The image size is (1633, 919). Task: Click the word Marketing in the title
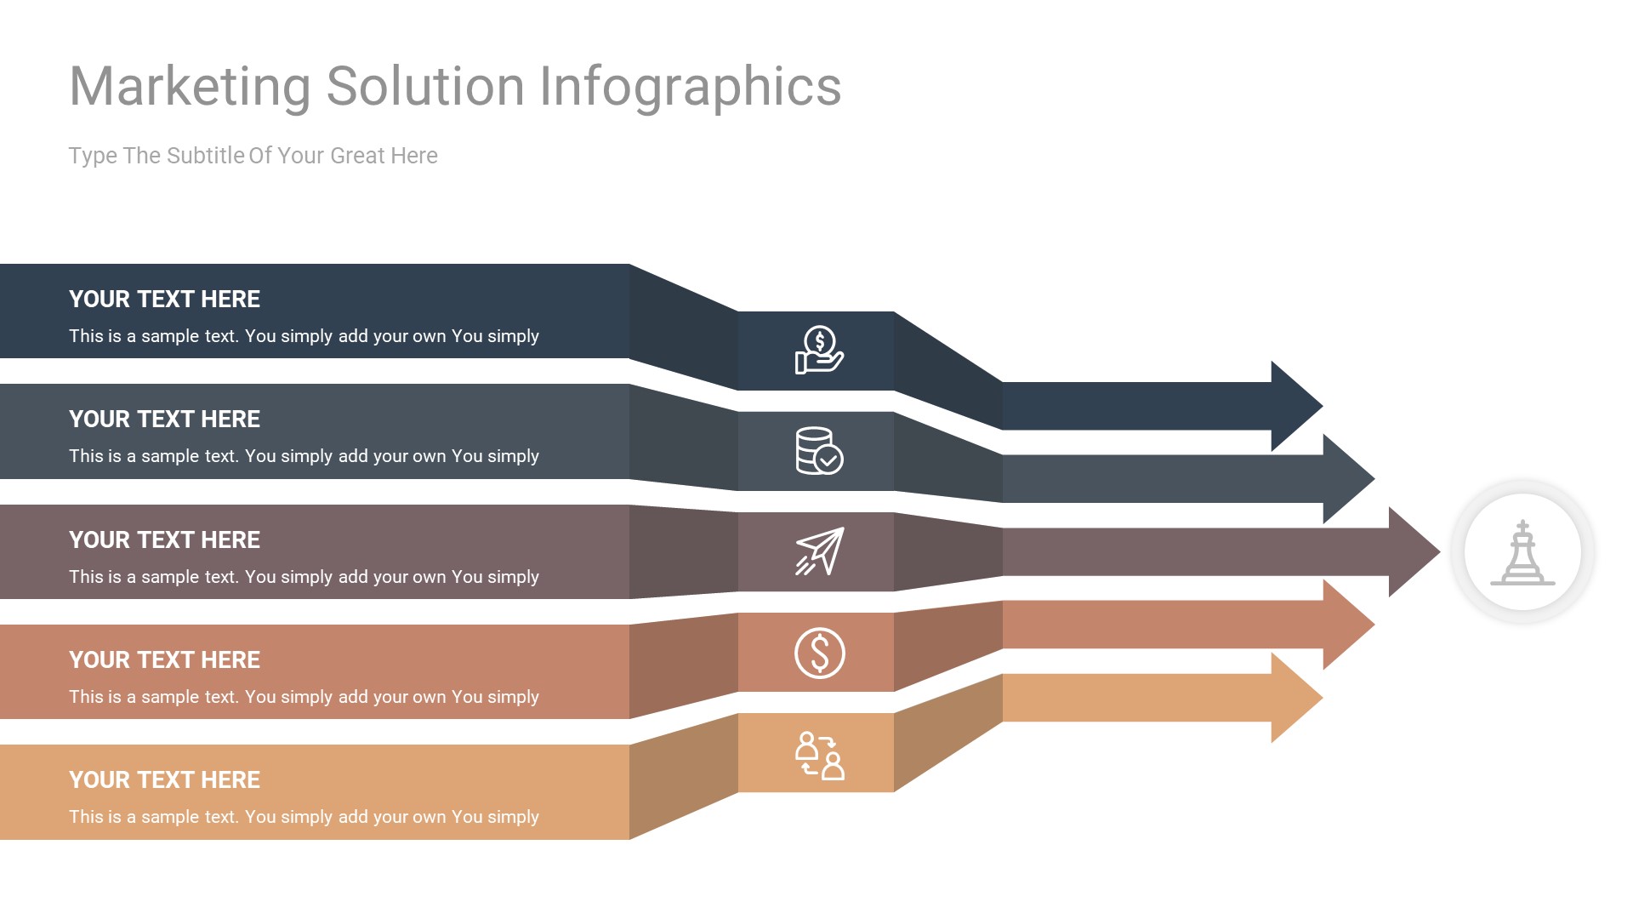[x=190, y=87]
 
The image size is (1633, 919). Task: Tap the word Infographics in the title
[x=690, y=87]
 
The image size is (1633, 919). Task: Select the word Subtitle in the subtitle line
[x=206, y=156]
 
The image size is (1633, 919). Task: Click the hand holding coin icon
[x=818, y=351]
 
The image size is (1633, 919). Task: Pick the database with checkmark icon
[x=818, y=450]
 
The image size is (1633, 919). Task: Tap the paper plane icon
[x=819, y=551]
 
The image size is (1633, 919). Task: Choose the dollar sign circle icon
[x=819, y=653]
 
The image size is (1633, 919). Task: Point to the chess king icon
[x=1522, y=552]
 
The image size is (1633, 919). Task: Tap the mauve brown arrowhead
[x=1414, y=551]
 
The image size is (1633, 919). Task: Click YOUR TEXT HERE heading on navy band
[x=164, y=300]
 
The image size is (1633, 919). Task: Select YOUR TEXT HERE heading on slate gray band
[x=164, y=420]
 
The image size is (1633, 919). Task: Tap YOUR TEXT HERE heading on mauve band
[x=164, y=540]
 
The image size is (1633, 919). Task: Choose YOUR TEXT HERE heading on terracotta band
[x=164, y=660]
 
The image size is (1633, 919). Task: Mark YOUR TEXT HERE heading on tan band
[x=164, y=780]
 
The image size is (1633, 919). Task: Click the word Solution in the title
[x=425, y=87]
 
